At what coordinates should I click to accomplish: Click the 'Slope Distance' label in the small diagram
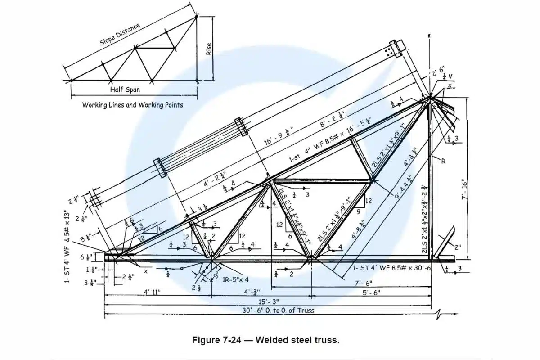click(120, 34)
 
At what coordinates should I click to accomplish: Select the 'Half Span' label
click(125, 90)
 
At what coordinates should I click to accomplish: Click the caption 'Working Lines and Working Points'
click(132, 105)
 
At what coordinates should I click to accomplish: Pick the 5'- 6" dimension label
click(371, 292)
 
